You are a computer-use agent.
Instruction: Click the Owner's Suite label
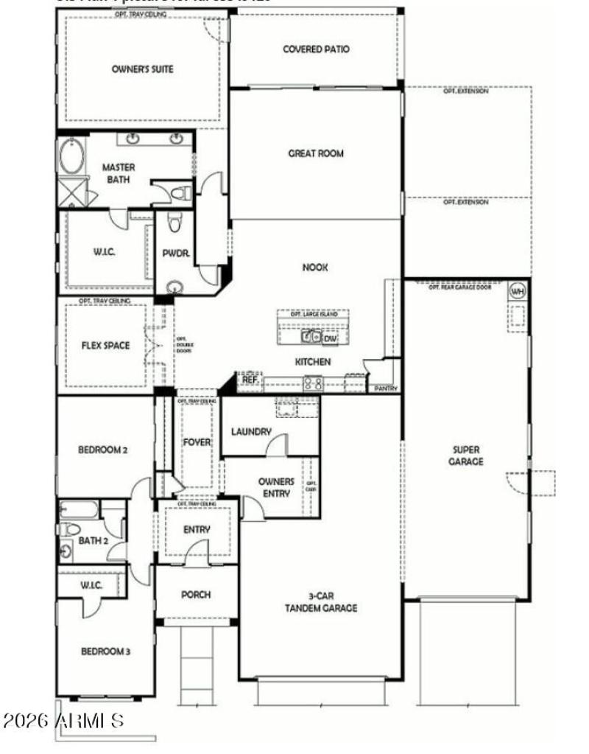point(143,69)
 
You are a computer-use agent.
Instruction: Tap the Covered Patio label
point(316,49)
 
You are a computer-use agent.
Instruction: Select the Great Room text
point(316,154)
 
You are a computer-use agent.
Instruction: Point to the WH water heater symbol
point(518,290)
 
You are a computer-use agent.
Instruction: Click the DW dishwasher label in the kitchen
point(331,338)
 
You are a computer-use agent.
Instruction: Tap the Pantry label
point(386,388)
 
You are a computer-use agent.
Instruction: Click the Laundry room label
point(251,432)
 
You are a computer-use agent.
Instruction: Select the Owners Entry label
point(276,487)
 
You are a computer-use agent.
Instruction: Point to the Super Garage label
point(467,455)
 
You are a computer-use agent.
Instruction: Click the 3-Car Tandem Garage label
point(322,602)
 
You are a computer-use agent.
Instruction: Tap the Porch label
point(196,595)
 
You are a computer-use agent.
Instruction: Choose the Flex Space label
point(105,345)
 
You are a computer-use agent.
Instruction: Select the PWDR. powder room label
point(177,253)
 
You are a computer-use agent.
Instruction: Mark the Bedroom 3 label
point(105,652)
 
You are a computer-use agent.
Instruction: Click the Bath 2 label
point(94,540)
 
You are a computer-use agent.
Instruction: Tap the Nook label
point(315,268)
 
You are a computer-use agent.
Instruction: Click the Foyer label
point(197,442)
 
